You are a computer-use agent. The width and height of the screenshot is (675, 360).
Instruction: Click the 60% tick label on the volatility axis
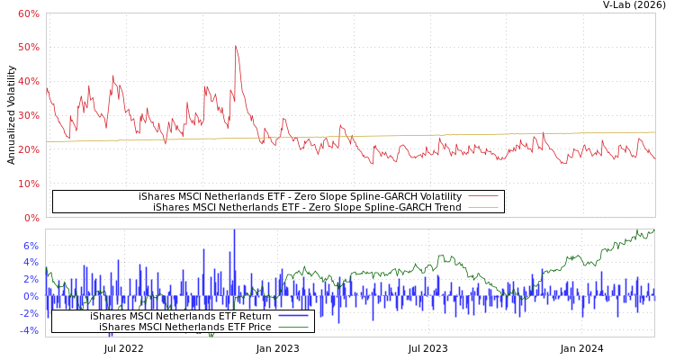28,13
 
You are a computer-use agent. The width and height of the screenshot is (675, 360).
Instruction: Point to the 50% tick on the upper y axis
28,47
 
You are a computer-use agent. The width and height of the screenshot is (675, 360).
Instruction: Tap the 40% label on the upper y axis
28,81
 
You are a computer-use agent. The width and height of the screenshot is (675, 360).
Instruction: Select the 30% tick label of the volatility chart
28,115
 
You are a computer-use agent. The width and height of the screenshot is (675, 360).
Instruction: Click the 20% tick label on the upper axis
28,149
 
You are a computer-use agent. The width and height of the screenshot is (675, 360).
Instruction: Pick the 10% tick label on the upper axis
28,184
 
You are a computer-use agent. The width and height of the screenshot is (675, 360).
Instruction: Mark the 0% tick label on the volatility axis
31,218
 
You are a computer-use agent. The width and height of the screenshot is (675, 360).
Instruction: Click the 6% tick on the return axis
31,246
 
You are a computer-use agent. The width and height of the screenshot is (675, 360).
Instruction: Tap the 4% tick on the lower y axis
31,263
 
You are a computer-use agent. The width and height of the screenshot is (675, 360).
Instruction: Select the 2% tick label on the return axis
31,280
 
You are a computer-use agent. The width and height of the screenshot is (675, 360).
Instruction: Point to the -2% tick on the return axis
29,313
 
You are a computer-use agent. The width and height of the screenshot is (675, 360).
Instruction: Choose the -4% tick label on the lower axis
29,330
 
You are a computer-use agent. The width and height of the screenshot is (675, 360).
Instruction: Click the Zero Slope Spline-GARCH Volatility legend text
300,196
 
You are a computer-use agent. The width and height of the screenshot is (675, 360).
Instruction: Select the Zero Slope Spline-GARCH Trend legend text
307,207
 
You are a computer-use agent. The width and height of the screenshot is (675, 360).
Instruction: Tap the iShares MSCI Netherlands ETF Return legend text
180,316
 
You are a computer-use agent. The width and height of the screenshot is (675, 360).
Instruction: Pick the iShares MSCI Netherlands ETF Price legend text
184,327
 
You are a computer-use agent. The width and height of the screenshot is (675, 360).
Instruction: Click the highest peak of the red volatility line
236,46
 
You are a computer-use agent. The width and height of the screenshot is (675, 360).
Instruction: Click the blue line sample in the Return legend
293,316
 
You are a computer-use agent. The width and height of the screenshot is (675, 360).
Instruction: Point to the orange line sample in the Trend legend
483,207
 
